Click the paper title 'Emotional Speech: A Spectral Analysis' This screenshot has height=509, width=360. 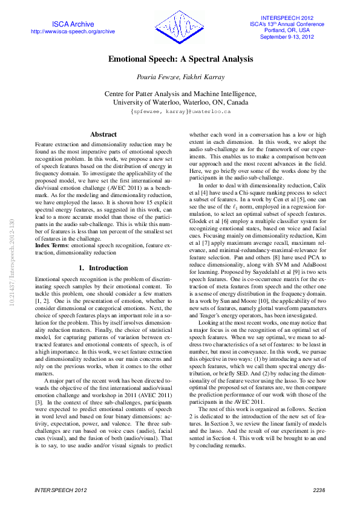[180, 60]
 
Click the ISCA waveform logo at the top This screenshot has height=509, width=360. [180, 27]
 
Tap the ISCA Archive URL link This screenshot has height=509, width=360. [73, 31]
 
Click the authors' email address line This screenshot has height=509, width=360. [180, 112]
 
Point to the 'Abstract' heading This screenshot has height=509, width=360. [103, 134]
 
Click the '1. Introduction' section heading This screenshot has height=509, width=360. [103, 251]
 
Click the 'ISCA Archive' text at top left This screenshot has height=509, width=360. [73, 24]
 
